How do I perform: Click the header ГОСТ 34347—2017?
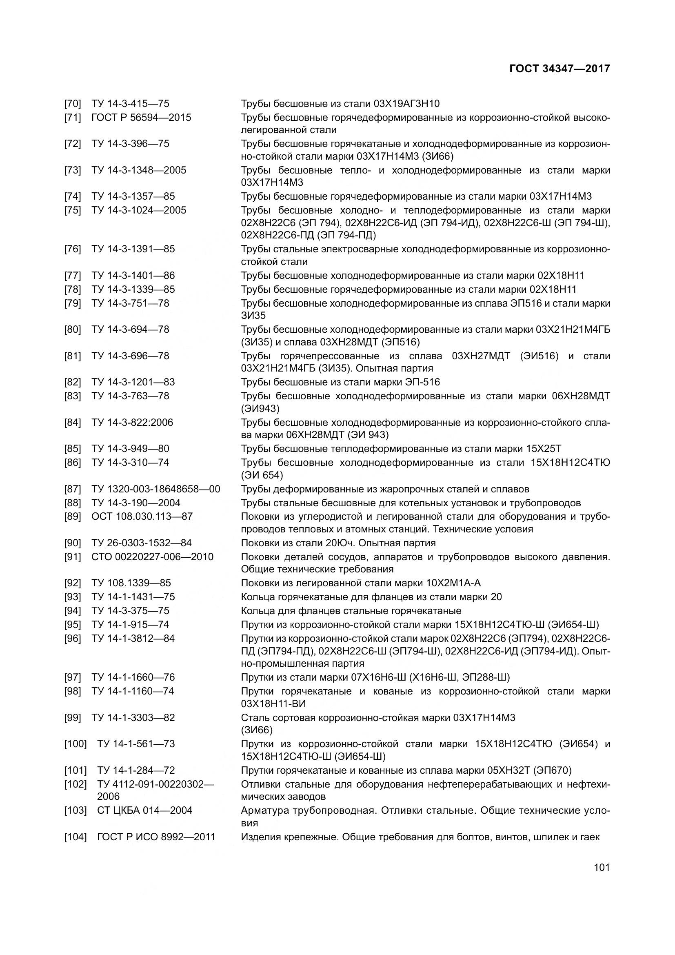pyautogui.click(x=560, y=69)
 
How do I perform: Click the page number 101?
pyautogui.click(x=602, y=867)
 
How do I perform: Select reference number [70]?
pyautogui.click(x=72, y=104)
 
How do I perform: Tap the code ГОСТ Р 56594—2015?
pyautogui.click(x=141, y=117)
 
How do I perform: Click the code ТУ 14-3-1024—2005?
pyautogui.click(x=139, y=210)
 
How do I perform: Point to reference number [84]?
pyautogui.click(x=72, y=422)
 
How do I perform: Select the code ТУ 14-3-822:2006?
pyautogui.click(x=132, y=422)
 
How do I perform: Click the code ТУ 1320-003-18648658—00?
pyautogui.click(x=156, y=489)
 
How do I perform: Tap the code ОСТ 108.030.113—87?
pyautogui.click(x=142, y=516)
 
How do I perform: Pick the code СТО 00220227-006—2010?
pyautogui.click(x=153, y=557)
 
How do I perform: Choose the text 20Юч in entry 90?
pyautogui.click(x=337, y=543)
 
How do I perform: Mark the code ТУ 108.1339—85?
pyautogui.click(x=131, y=583)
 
